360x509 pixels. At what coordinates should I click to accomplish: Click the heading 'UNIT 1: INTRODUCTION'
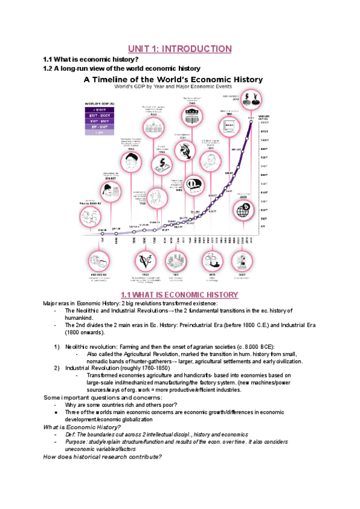point(180,49)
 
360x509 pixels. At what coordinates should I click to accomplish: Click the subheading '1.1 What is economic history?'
point(91,59)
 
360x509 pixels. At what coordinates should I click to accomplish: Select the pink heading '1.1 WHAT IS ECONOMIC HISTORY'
point(179,295)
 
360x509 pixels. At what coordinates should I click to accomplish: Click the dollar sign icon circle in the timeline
point(161,162)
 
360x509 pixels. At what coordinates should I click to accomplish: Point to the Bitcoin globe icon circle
point(244,209)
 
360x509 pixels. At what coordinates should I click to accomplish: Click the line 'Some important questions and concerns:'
point(94,397)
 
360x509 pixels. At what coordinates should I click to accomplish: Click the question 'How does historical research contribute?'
point(103,456)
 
